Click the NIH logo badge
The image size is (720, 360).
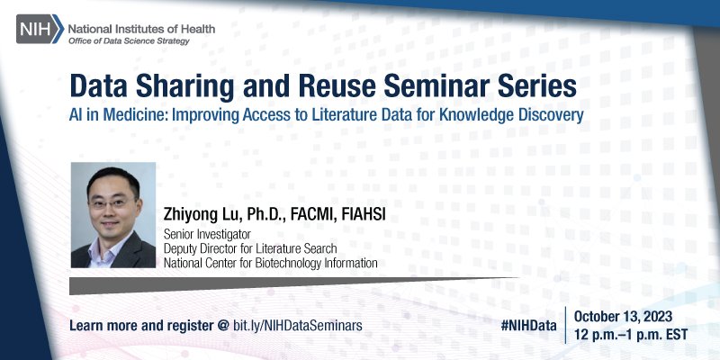[39, 32]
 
